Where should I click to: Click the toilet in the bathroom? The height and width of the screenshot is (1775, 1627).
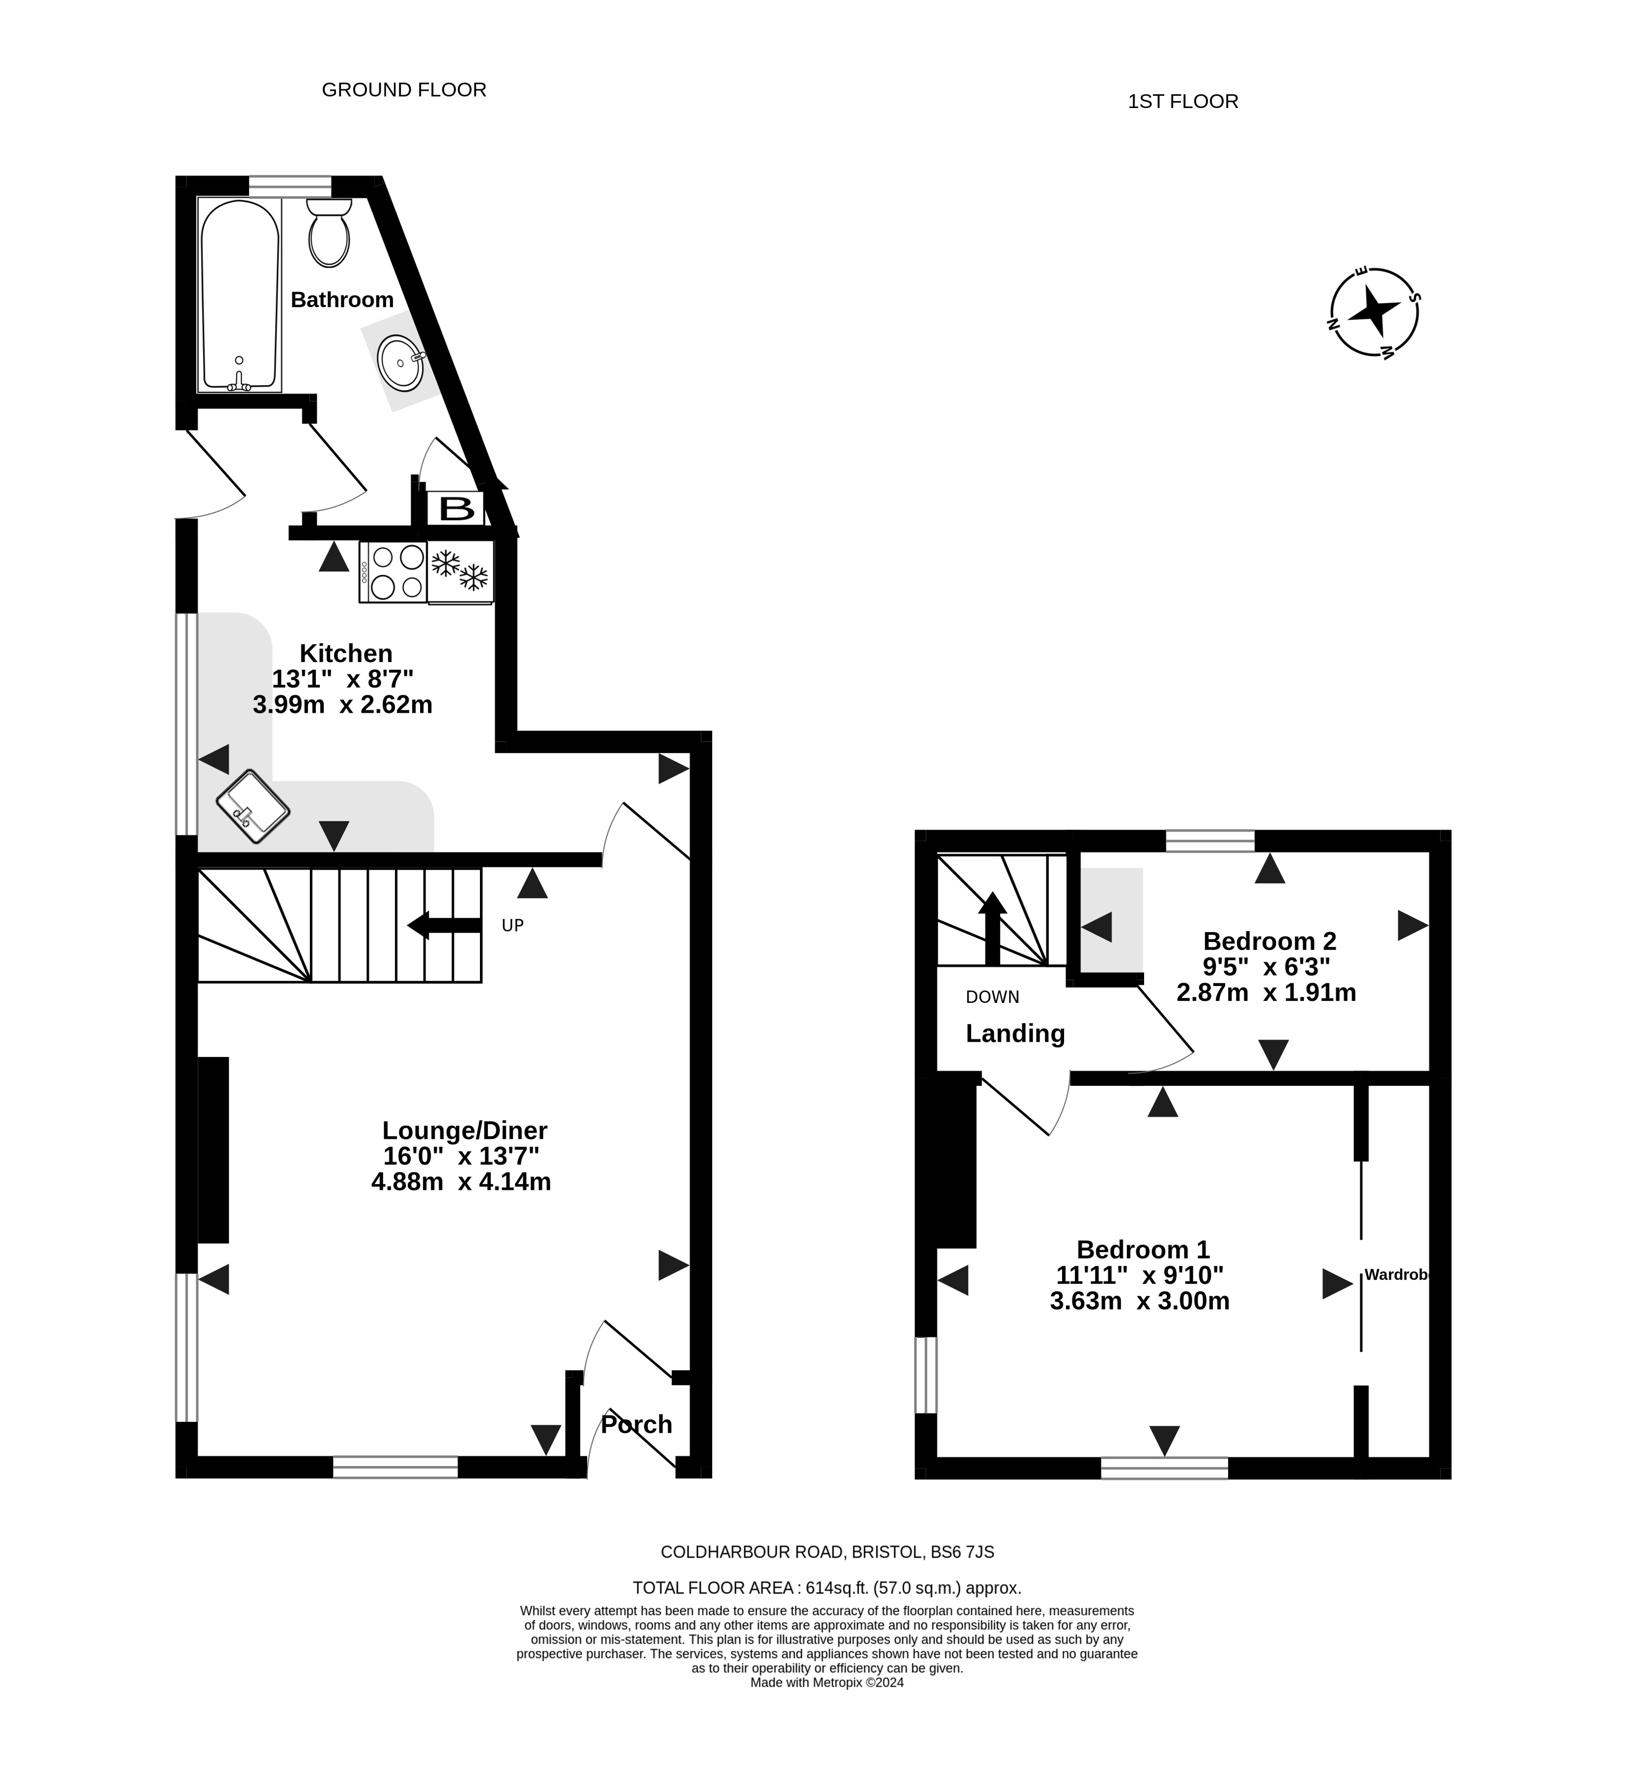(x=329, y=232)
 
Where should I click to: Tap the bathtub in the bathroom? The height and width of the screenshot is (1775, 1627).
(x=239, y=295)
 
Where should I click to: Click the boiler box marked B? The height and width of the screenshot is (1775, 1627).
(x=456, y=508)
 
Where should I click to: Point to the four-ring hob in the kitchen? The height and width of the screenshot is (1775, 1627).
(x=393, y=571)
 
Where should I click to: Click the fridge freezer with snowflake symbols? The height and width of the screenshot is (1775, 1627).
(x=460, y=571)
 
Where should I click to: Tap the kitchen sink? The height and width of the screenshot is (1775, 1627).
(x=252, y=806)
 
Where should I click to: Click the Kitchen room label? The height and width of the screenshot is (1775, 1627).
(x=346, y=653)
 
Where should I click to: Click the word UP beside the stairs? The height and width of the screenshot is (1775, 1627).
(x=512, y=925)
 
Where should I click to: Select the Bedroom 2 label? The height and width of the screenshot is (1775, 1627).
(x=1269, y=941)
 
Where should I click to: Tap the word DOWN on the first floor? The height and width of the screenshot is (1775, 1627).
(x=992, y=997)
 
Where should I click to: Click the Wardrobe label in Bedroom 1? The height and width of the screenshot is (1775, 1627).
(x=1396, y=1274)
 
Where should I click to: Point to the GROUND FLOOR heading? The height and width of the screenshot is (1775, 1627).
(x=404, y=90)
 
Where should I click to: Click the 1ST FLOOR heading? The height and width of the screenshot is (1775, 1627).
(x=1183, y=101)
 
